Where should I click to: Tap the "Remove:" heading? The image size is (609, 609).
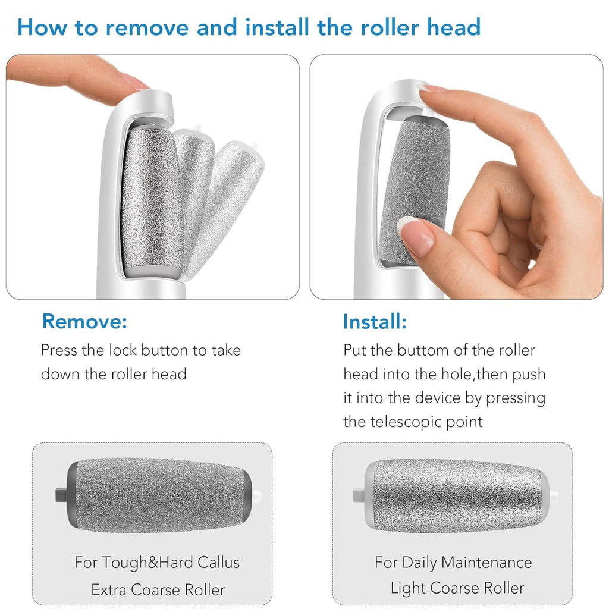tap(84, 322)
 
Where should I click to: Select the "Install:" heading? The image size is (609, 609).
tap(375, 322)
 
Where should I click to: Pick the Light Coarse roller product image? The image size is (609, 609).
tap(455, 495)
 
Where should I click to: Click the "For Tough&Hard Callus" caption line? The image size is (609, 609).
tap(157, 562)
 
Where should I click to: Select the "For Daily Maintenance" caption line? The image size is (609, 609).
tap(453, 562)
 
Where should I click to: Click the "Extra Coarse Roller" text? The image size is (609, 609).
tap(158, 590)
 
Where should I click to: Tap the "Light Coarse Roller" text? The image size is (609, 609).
tap(457, 588)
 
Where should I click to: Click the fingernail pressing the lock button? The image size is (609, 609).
tap(136, 83)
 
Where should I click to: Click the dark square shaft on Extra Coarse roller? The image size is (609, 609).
tap(61, 494)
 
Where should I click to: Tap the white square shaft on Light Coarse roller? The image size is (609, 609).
tap(358, 495)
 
